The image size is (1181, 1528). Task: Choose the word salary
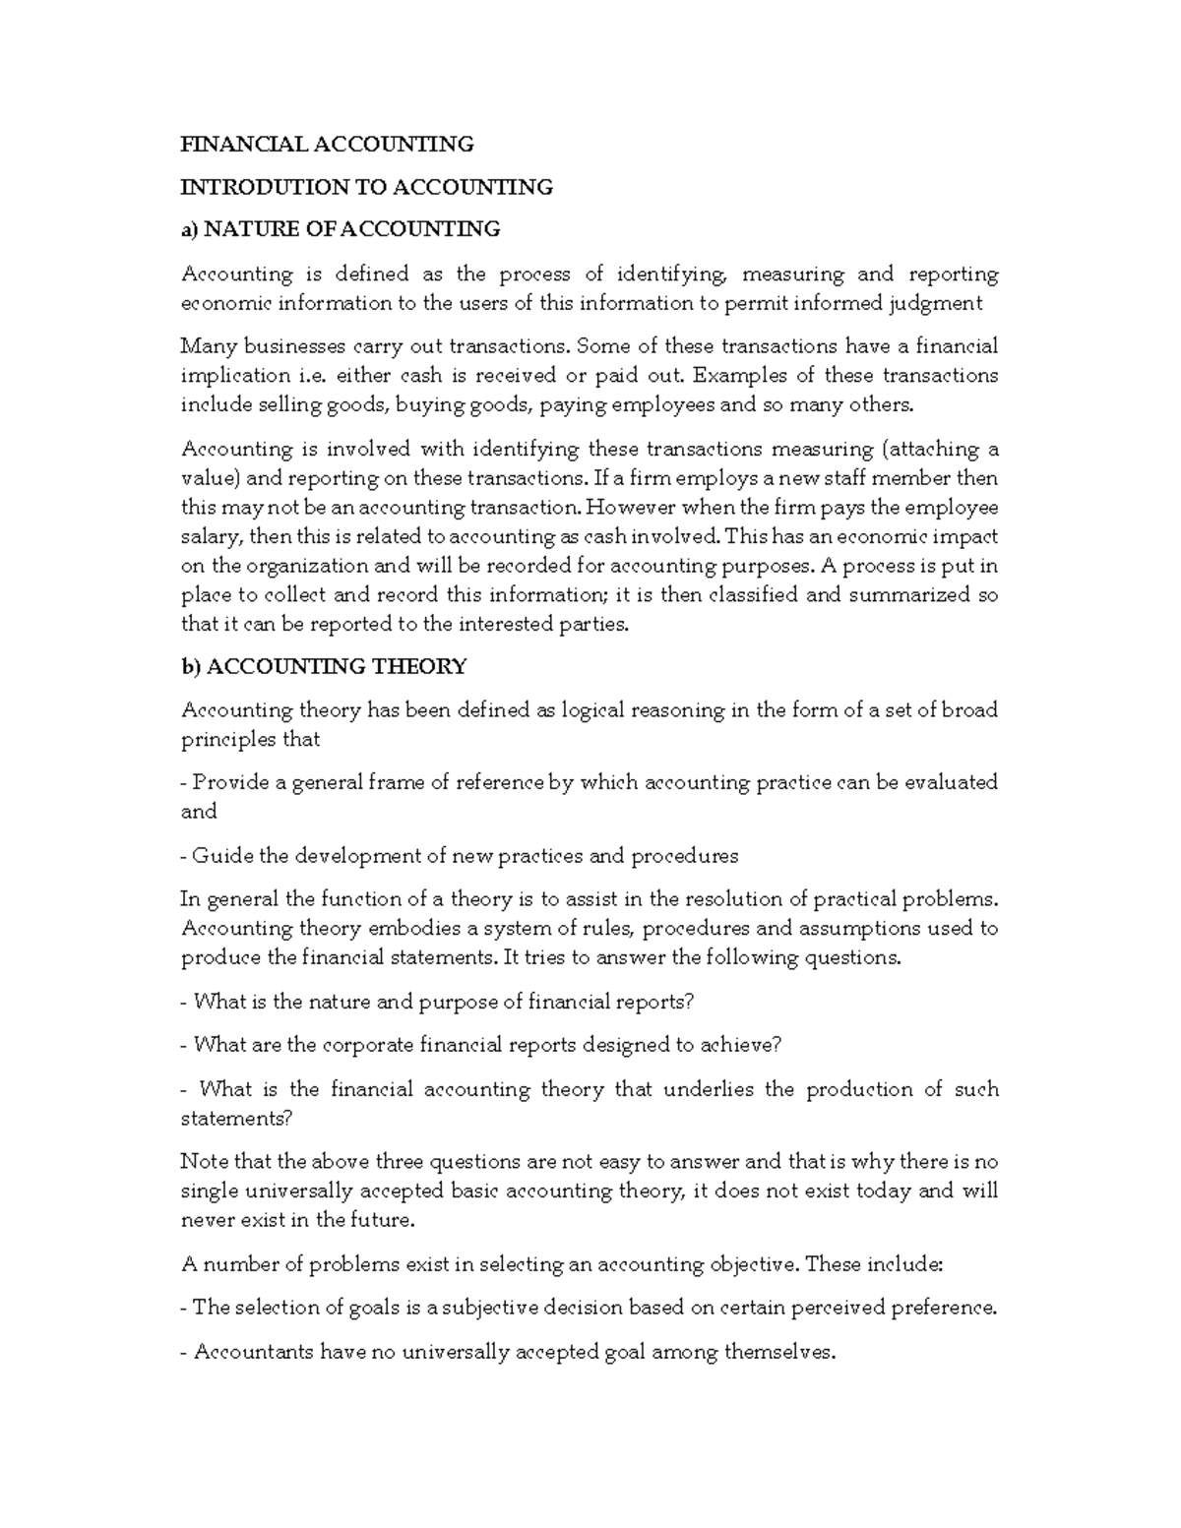pos(211,537)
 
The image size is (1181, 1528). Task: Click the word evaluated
pos(951,783)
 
